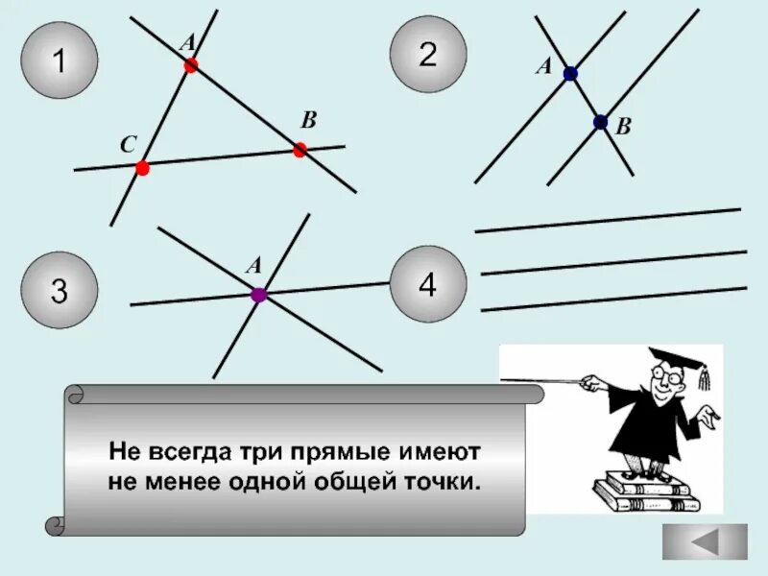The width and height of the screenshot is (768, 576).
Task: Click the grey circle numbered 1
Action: click(x=59, y=61)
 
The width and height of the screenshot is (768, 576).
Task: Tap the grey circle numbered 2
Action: click(x=428, y=54)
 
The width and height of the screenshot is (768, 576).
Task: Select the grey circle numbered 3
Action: click(x=59, y=291)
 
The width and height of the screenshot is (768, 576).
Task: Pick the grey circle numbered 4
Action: click(x=428, y=284)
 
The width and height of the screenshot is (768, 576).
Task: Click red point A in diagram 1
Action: click(x=190, y=65)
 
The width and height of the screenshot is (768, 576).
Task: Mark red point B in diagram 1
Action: click(x=300, y=149)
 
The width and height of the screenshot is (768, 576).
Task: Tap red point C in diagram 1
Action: click(x=142, y=168)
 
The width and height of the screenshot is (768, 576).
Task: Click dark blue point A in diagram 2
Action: click(x=570, y=73)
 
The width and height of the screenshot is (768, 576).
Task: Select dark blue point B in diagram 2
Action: click(x=600, y=122)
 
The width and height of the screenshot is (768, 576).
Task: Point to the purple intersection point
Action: click(x=258, y=295)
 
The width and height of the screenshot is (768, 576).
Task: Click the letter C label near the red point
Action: click(x=128, y=144)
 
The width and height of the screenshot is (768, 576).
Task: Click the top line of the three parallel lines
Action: click(x=608, y=220)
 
